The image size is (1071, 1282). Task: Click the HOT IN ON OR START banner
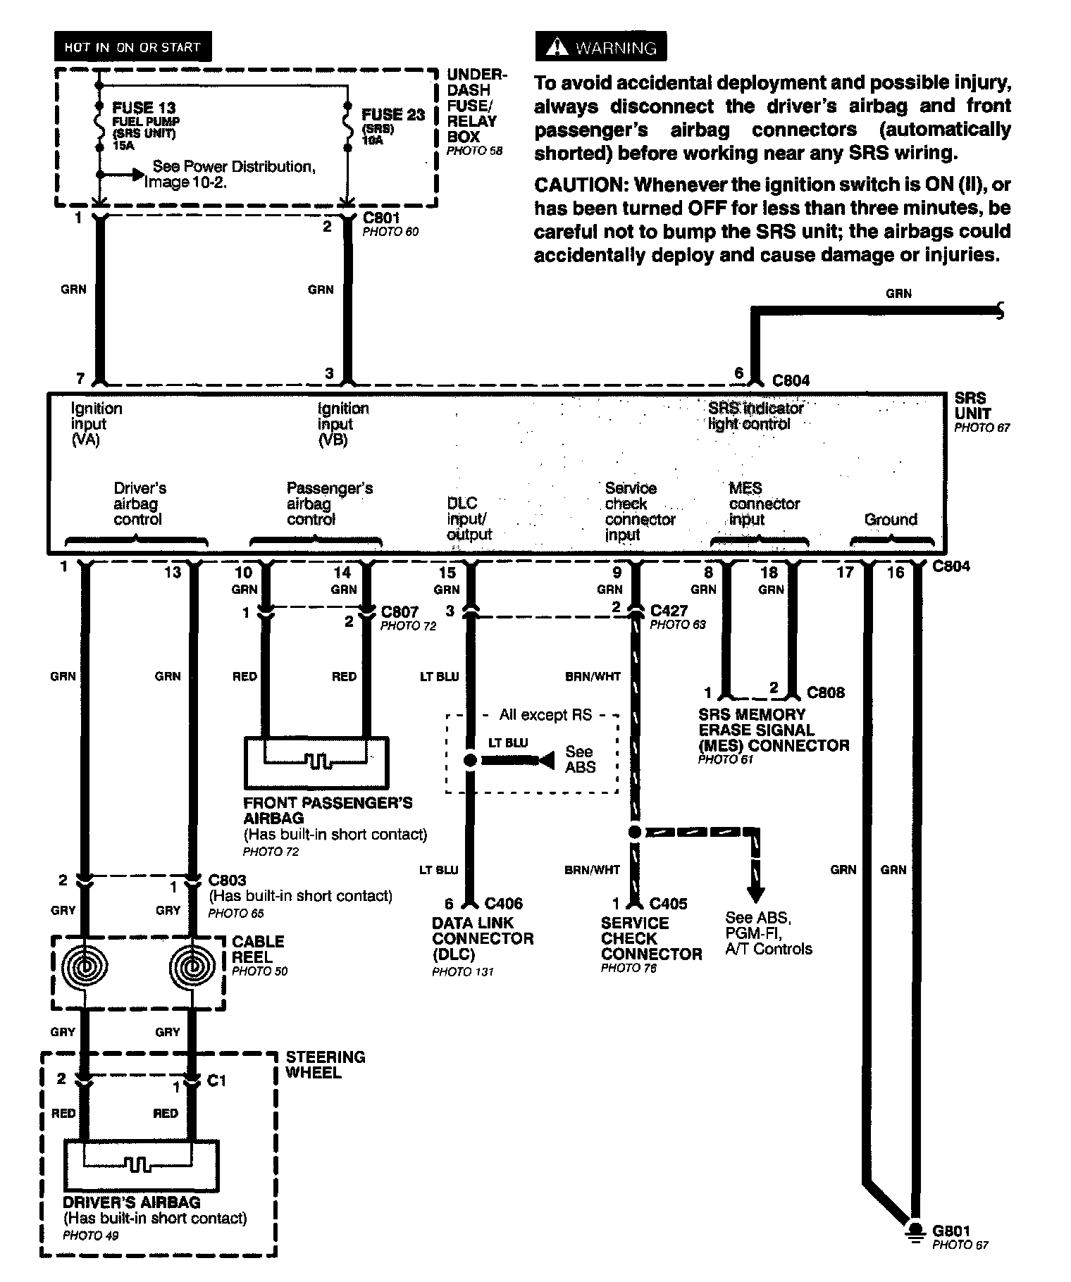pyautogui.click(x=132, y=47)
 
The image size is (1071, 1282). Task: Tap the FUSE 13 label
pyautogui.click(x=144, y=108)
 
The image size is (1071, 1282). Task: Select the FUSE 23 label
pyautogui.click(x=392, y=114)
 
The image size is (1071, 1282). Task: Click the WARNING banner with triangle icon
pyautogui.click(x=601, y=47)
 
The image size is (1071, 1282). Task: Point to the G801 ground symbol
pyautogui.click(x=915, y=1230)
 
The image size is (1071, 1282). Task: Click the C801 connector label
pyautogui.click(x=381, y=218)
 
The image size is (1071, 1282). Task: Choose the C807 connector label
pyautogui.click(x=400, y=611)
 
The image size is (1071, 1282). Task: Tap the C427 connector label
pyautogui.click(x=669, y=611)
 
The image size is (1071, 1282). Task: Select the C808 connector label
pyautogui.click(x=825, y=692)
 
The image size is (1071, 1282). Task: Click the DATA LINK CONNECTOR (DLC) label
pyautogui.click(x=483, y=938)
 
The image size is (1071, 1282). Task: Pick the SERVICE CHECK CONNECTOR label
pyautogui.click(x=651, y=938)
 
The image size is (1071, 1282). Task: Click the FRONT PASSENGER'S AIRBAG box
pyautogui.click(x=316, y=763)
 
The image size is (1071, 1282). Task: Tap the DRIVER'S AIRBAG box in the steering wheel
pyautogui.click(x=141, y=1166)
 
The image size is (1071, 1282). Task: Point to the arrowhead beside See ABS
pyautogui.click(x=546, y=761)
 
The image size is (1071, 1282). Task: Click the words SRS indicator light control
pyautogui.click(x=755, y=416)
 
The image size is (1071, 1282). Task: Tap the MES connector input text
pyautogui.click(x=764, y=504)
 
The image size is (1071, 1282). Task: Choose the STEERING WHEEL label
pyautogui.click(x=325, y=1064)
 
